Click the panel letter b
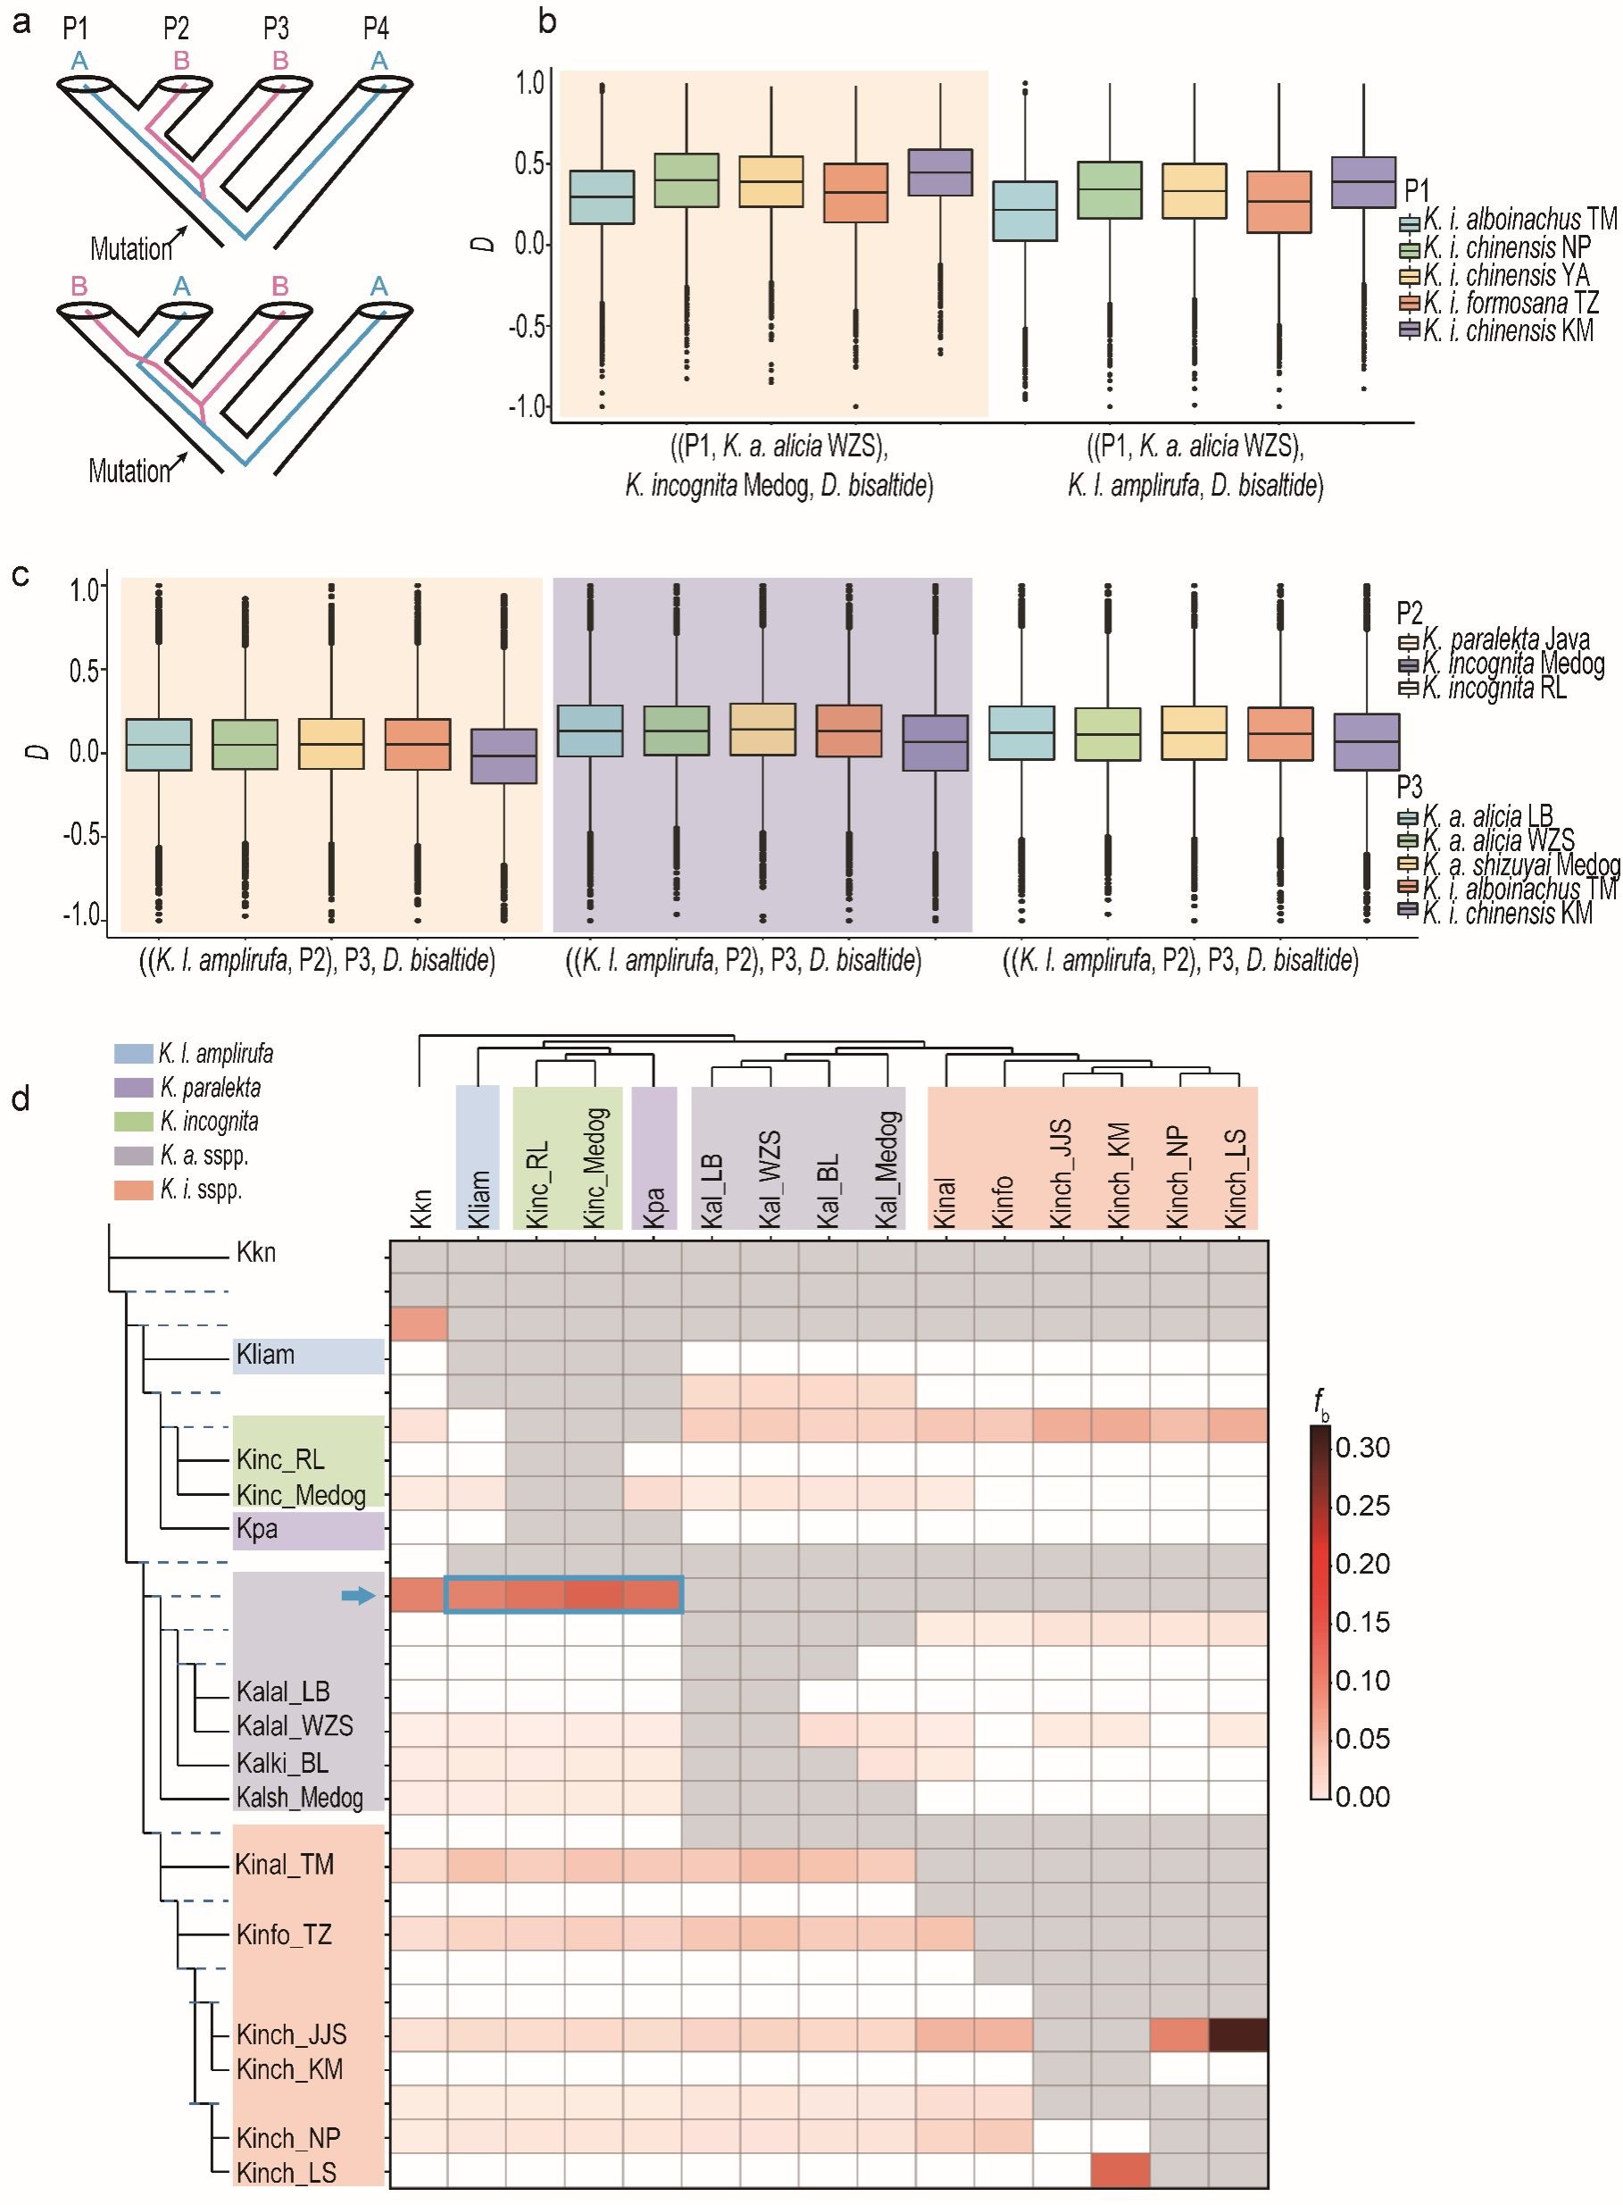point(547,21)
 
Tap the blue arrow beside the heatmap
point(359,1597)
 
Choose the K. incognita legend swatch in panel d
point(134,1121)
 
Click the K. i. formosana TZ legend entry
point(1498,303)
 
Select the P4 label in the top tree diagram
point(376,29)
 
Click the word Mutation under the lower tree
point(129,472)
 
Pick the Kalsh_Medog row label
point(300,1797)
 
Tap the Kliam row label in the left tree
point(265,1355)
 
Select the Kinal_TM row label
point(285,1864)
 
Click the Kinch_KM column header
point(1119,1173)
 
